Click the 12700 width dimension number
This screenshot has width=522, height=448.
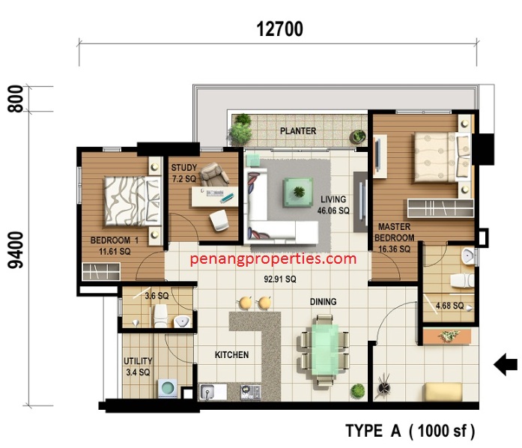[279, 29]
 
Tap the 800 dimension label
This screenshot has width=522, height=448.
[16, 99]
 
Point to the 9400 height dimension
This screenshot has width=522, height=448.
[16, 250]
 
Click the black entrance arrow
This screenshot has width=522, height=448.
[506, 364]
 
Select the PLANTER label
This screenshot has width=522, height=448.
[298, 131]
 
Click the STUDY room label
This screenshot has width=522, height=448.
[184, 168]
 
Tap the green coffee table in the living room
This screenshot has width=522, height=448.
[298, 193]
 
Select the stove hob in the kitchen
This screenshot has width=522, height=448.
[251, 392]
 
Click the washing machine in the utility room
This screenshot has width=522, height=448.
[167, 388]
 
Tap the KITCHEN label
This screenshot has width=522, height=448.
[231, 355]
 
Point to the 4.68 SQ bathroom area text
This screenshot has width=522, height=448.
[450, 306]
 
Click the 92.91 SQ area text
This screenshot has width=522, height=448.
[280, 279]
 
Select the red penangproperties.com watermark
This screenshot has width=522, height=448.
[273, 258]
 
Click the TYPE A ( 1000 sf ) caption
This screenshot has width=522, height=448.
[410, 431]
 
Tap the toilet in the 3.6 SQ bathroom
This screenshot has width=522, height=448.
[160, 315]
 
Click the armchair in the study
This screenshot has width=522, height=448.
[214, 174]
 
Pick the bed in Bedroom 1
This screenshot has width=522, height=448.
[133, 202]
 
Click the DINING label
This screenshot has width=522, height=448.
[323, 302]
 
